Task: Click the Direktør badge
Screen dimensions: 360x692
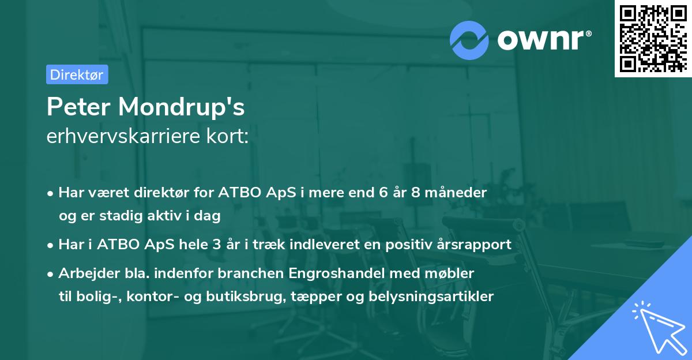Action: [77, 74]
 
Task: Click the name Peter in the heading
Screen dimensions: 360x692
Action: [78, 107]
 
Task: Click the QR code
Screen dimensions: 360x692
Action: [653, 38]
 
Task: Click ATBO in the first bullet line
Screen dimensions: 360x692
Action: [236, 192]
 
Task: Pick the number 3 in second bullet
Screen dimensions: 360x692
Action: [217, 244]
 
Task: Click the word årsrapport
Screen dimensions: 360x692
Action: [476, 244]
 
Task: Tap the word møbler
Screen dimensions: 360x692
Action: [453, 273]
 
